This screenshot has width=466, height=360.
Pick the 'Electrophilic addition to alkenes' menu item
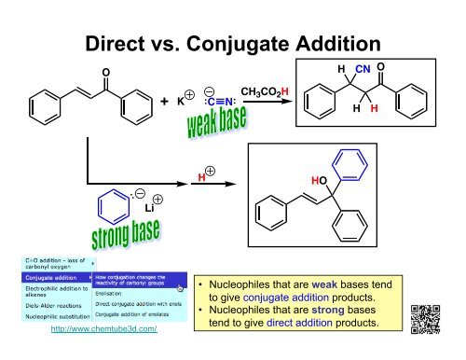[41, 290]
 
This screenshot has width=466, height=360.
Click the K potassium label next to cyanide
[182, 102]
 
